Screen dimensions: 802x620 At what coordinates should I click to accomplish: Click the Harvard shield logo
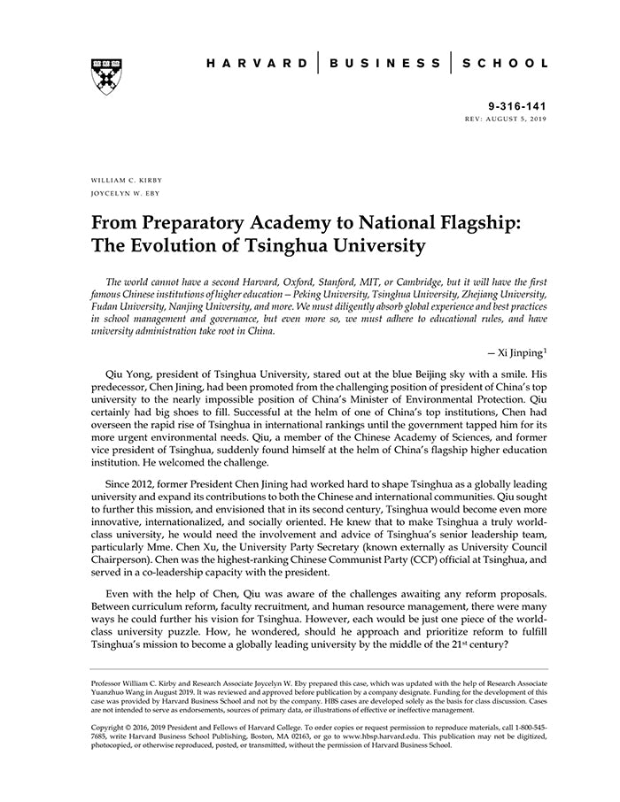(x=105, y=75)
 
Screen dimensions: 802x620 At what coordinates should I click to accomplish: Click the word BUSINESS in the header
(x=385, y=64)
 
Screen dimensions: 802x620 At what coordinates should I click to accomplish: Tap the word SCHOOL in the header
(x=505, y=64)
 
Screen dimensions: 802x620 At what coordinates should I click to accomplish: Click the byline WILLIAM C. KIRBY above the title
(x=127, y=180)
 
